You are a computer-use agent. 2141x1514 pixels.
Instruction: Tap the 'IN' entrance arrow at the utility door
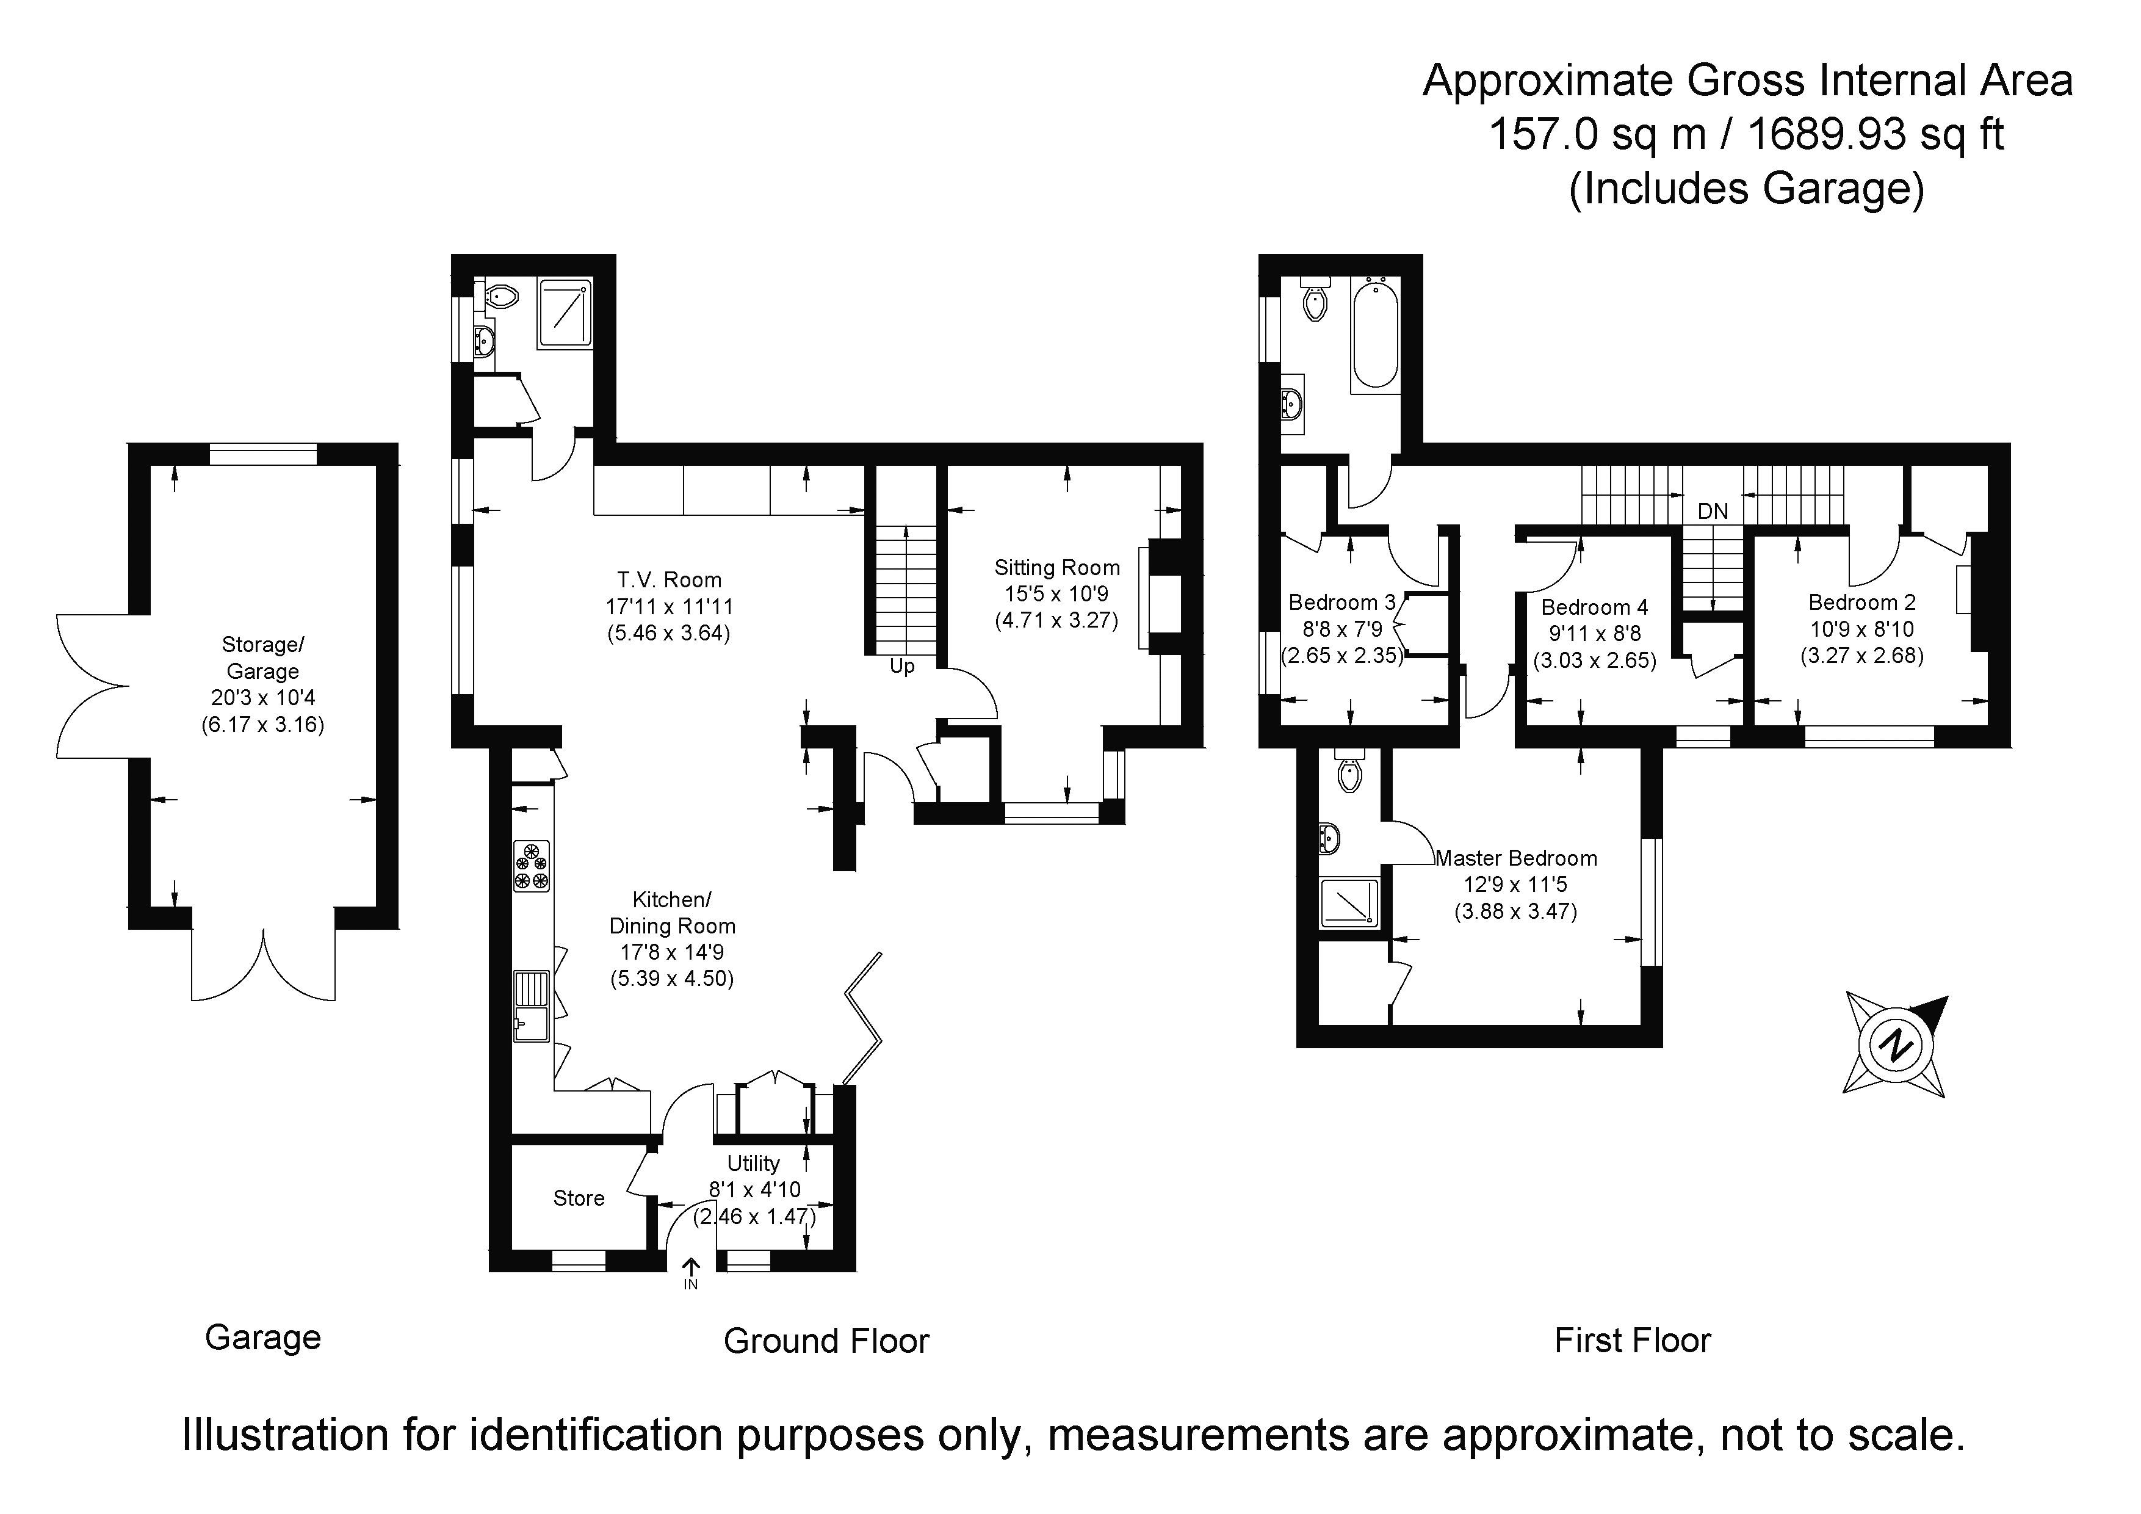click(x=691, y=1268)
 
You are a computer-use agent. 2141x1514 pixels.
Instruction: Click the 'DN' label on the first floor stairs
click(x=1713, y=511)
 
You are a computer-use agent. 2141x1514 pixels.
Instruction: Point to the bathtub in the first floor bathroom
click(x=1374, y=335)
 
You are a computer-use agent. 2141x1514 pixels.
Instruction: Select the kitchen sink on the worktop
click(x=532, y=1007)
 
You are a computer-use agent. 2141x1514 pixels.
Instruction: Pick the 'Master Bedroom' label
click(x=1516, y=858)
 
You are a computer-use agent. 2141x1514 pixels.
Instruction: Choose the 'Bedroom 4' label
click(x=1595, y=608)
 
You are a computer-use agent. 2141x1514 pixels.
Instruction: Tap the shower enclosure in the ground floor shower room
click(x=565, y=311)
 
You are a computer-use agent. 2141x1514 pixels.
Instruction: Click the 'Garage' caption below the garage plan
click(x=263, y=1338)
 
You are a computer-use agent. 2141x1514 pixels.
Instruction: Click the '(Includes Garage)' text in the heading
click(x=1747, y=189)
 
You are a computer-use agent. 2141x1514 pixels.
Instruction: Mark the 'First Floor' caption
click(x=1633, y=1341)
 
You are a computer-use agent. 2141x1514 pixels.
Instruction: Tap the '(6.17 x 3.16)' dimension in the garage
click(x=263, y=725)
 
